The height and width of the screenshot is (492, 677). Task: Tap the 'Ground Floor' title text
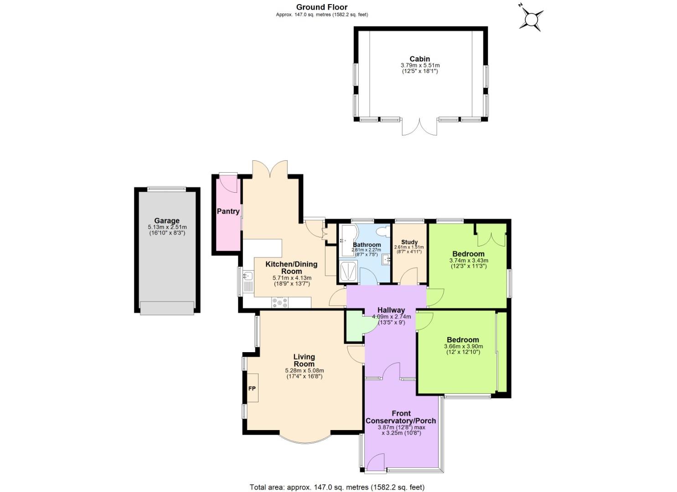pos(321,7)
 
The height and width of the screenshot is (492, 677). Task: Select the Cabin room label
pos(419,59)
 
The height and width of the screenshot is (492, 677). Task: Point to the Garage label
pos(167,220)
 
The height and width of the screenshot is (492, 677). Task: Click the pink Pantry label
pos(228,211)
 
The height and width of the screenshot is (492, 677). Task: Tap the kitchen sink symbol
pos(248,276)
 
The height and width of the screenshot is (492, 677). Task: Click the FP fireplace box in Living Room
pos(252,388)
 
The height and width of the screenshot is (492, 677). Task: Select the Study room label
pos(409,242)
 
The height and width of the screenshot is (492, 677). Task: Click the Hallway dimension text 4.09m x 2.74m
pos(391,317)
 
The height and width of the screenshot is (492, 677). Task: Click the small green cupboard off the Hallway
pos(354,326)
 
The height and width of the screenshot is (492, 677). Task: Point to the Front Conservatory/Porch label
pos(401,417)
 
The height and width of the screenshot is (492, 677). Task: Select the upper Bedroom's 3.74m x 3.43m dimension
pos(468,261)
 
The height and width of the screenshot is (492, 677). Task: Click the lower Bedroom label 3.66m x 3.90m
pos(463,346)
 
